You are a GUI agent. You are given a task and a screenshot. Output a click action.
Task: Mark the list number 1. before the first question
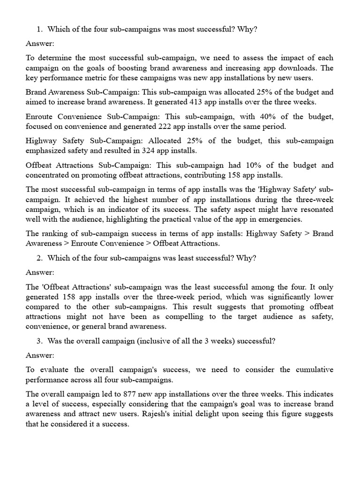[x=40, y=30]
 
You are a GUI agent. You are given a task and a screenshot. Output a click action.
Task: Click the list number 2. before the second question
[x=40, y=258]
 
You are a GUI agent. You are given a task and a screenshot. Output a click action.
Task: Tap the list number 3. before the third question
[x=40, y=341]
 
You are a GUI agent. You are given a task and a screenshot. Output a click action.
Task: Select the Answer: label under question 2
[x=40, y=272]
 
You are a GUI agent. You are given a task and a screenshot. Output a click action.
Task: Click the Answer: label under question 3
[x=40, y=355]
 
